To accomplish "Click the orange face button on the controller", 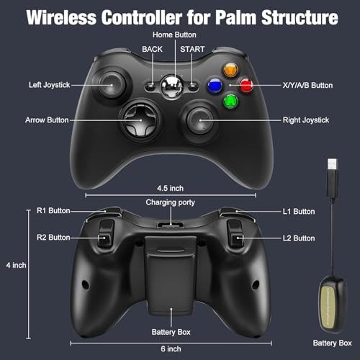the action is [230, 70].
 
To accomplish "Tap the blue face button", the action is [215, 86].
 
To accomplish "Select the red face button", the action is [246, 85].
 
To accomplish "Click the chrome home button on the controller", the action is [171, 86].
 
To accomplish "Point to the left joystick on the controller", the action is [112, 84].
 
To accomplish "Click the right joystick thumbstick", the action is [200, 120].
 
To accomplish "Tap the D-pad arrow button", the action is [140, 120].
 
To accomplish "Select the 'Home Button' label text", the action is [174, 35].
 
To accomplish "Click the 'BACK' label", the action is [152, 49].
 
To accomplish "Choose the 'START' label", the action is [192, 49].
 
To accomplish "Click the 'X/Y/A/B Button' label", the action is [307, 85].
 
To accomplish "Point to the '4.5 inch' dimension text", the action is [170, 189].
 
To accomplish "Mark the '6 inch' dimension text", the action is [171, 348].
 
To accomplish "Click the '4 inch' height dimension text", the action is [16, 265].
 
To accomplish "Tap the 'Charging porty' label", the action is [170, 202].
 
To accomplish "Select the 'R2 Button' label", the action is [53, 238].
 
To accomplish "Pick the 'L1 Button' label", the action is [299, 212].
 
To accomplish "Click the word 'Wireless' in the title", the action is [61, 17].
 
